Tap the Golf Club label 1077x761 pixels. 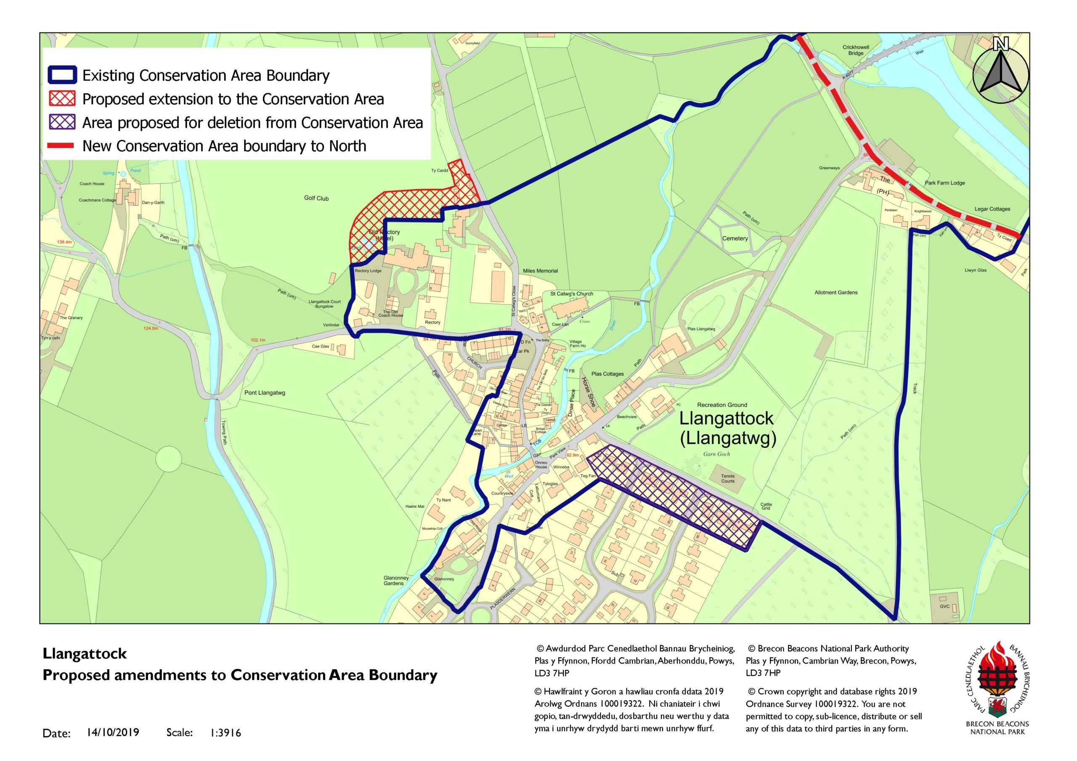(x=316, y=198)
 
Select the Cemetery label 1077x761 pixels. (x=735, y=238)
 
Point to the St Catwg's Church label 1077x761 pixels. (x=571, y=294)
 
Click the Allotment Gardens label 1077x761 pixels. (x=836, y=293)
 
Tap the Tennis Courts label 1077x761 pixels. (x=727, y=478)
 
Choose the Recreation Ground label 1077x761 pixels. (x=722, y=404)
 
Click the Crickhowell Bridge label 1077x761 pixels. (x=856, y=50)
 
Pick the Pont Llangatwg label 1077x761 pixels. (x=265, y=393)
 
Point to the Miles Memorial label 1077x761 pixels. (x=540, y=271)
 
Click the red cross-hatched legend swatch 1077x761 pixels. (x=61, y=99)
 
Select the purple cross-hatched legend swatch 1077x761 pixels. (x=61, y=122)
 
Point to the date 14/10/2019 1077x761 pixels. (x=113, y=732)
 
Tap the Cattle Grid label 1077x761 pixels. (x=766, y=506)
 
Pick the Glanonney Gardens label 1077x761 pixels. (x=396, y=581)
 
